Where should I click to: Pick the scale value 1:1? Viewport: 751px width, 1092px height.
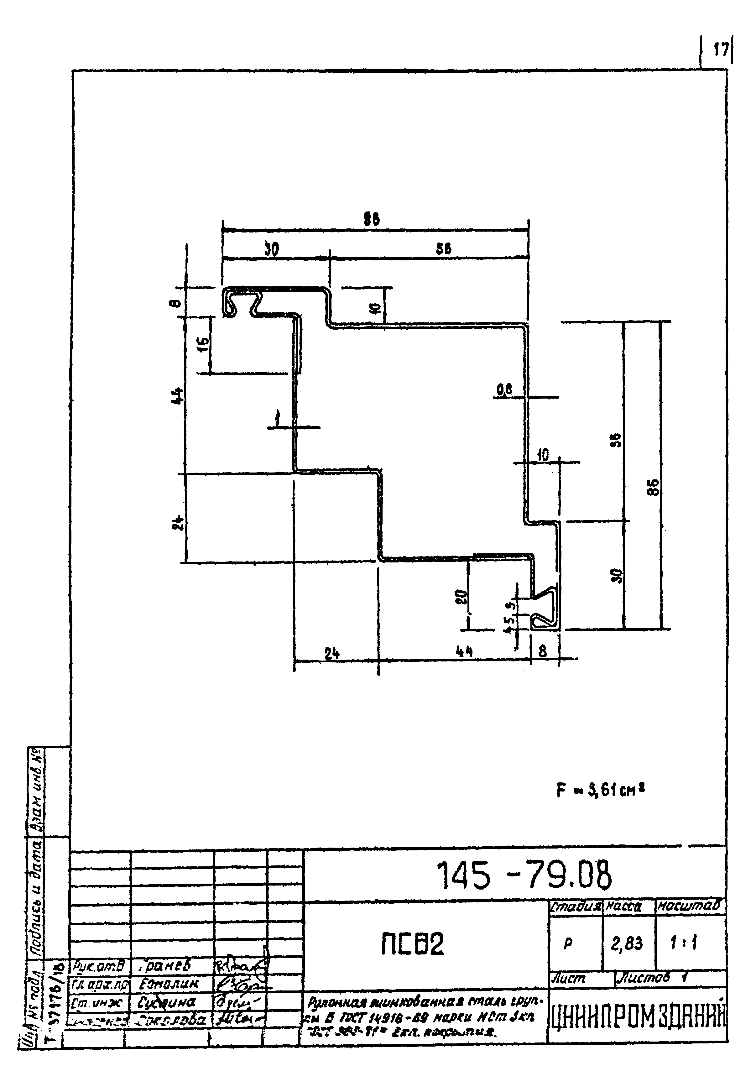684,943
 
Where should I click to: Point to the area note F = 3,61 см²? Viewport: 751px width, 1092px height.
600,791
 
